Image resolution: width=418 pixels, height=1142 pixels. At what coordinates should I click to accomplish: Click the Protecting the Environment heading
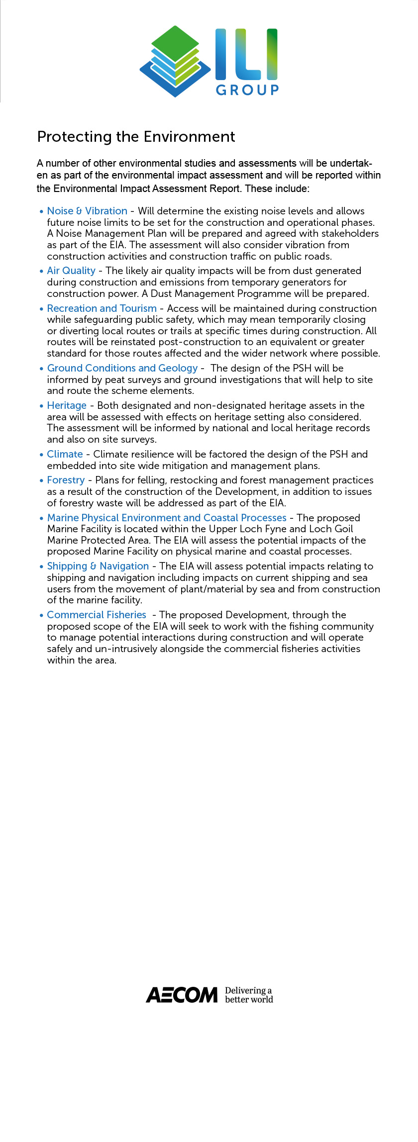(136, 137)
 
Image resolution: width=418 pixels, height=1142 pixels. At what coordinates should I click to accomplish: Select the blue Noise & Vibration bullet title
(87, 211)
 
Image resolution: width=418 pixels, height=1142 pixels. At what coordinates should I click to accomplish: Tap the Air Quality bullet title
(71, 271)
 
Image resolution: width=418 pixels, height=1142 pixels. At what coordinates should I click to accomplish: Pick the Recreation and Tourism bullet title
(102, 308)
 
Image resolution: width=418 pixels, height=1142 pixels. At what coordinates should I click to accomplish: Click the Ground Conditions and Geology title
(122, 368)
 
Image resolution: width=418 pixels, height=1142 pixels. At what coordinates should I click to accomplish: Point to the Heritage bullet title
(67, 405)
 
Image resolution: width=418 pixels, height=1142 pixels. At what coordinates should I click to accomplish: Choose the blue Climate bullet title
(65, 454)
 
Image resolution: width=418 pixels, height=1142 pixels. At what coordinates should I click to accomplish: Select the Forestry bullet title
(66, 480)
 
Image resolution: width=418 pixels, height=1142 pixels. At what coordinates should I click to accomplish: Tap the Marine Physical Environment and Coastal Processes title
(167, 518)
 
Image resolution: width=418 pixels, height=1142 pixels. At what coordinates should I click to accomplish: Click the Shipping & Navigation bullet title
(98, 566)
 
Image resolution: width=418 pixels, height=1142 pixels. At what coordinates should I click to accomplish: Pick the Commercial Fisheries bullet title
(97, 615)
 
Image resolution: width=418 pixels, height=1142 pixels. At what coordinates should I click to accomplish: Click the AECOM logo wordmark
(182, 995)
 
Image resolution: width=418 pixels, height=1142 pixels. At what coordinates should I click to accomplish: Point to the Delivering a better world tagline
(249, 995)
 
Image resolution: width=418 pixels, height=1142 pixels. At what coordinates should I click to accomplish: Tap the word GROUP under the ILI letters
(247, 90)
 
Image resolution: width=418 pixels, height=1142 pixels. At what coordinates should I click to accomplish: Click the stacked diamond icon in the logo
(175, 61)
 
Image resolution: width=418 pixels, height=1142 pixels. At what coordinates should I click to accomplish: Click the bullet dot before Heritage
(42, 406)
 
